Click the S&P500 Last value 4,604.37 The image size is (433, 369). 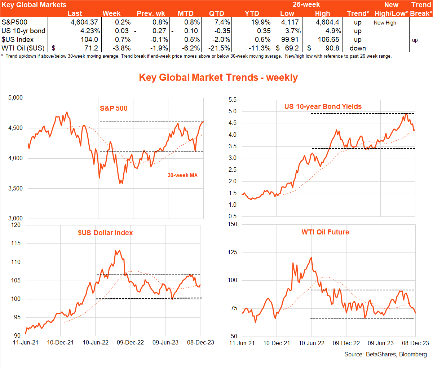tap(84, 22)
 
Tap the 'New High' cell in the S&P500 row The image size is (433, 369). tap(385, 23)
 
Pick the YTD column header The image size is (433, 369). tap(252, 14)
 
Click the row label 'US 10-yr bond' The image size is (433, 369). tap(23, 31)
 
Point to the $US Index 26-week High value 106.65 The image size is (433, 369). tap(328, 40)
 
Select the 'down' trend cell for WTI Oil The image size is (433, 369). tap(357, 48)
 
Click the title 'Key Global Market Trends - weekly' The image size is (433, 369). tap(218, 78)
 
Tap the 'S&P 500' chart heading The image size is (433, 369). tap(114, 108)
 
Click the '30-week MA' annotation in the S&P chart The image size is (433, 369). tap(182, 175)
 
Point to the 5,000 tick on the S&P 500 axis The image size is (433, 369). tap(15, 98)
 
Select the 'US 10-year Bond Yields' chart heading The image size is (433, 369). tap(323, 106)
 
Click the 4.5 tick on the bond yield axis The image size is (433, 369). tap(233, 123)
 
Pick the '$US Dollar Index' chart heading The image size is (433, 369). tap(105, 233)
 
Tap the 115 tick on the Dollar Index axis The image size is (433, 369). tap(16, 243)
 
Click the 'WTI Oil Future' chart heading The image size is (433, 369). tap(325, 232)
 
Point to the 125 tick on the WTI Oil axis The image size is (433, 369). tap(233, 252)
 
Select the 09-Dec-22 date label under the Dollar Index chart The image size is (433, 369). tap(130, 342)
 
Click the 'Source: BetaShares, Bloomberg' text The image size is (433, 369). tap(385, 354)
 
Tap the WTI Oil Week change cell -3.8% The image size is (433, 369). tap(120, 48)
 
